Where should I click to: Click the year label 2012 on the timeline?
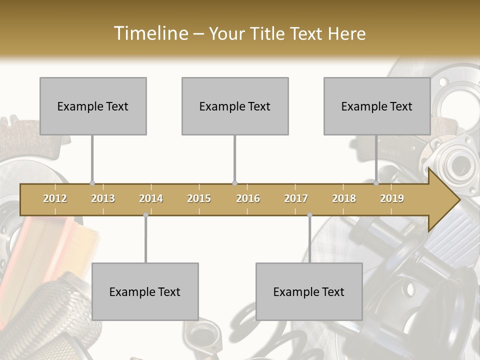[x=55, y=198]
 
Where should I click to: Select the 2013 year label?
[x=103, y=198]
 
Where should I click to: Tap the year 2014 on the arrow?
[x=151, y=198]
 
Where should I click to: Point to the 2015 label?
[x=199, y=198]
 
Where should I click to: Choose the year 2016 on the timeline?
[x=248, y=198]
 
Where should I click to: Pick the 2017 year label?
[x=296, y=198]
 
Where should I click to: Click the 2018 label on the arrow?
[x=344, y=198]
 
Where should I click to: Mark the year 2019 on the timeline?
[x=392, y=198]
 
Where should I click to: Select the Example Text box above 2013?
[x=93, y=106]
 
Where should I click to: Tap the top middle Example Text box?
[x=235, y=106]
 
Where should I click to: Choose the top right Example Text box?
[x=377, y=106]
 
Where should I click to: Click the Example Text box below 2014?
[x=145, y=291]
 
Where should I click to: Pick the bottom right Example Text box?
[x=309, y=291]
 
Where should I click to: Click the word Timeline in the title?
[x=150, y=33]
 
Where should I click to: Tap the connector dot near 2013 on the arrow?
[x=92, y=183]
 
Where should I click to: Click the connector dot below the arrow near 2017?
[x=309, y=215]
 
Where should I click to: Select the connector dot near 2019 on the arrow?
[x=376, y=183]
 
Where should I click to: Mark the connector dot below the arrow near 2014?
[x=145, y=215]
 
